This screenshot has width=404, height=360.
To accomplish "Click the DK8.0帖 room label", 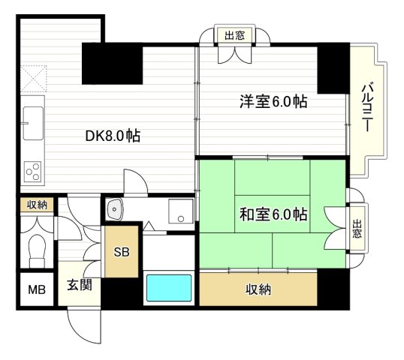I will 113,136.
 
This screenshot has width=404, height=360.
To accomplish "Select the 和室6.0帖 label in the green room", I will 273,214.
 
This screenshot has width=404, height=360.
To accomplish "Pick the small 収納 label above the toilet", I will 36,204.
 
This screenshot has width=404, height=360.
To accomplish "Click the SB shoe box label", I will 122,251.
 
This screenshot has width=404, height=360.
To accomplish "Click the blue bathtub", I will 169,288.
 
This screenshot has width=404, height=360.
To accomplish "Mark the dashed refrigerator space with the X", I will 33,78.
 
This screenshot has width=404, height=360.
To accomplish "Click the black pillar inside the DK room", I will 113,64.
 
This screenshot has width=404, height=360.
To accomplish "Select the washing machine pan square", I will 180,211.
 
